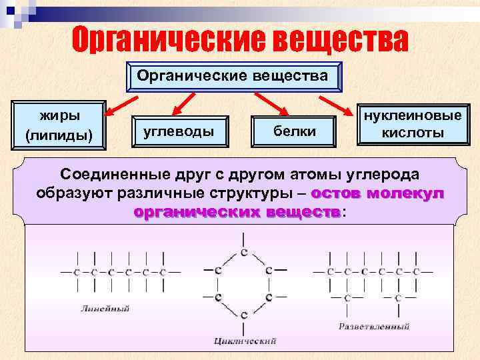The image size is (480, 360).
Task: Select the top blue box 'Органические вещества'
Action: [x=233, y=77]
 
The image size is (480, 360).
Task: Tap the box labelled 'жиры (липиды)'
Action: [x=59, y=123]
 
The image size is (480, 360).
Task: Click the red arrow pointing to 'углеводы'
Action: [x=185, y=103]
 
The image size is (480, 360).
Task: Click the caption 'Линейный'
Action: [x=105, y=309]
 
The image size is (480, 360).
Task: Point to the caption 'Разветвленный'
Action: [x=374, y=327]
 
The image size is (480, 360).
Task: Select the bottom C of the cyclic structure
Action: [x=245, y=314]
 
